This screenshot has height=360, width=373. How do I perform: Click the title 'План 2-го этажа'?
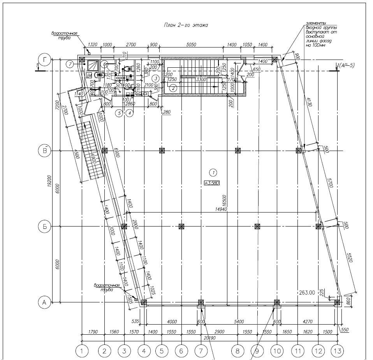pyautogui.click(x=186, y=25)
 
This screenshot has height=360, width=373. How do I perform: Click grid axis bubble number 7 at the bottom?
pyautogui.click(x=201, y=351)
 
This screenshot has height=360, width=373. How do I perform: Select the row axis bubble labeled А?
pyautogui.click(x=44, y=302)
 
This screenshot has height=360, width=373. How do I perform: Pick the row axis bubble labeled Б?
pyautogui.click(x=44, y=226)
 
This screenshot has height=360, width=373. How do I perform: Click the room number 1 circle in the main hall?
pyautogui.click(x=213, y=171)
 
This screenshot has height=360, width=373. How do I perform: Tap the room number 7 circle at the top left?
pyautogui.click(x=69, y=64)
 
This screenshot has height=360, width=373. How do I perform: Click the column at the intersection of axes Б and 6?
pyautogui.click(x=181, y=226)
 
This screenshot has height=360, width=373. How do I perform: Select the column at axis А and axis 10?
pyautogui.click(x=276, y=302)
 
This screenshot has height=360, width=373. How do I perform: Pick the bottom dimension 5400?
pyautogui.click(x=238, y=322)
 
